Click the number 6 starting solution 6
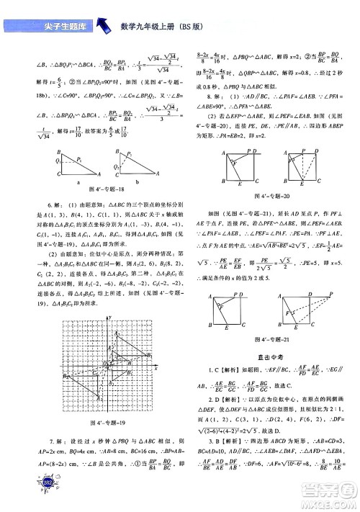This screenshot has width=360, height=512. click(51, 205)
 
